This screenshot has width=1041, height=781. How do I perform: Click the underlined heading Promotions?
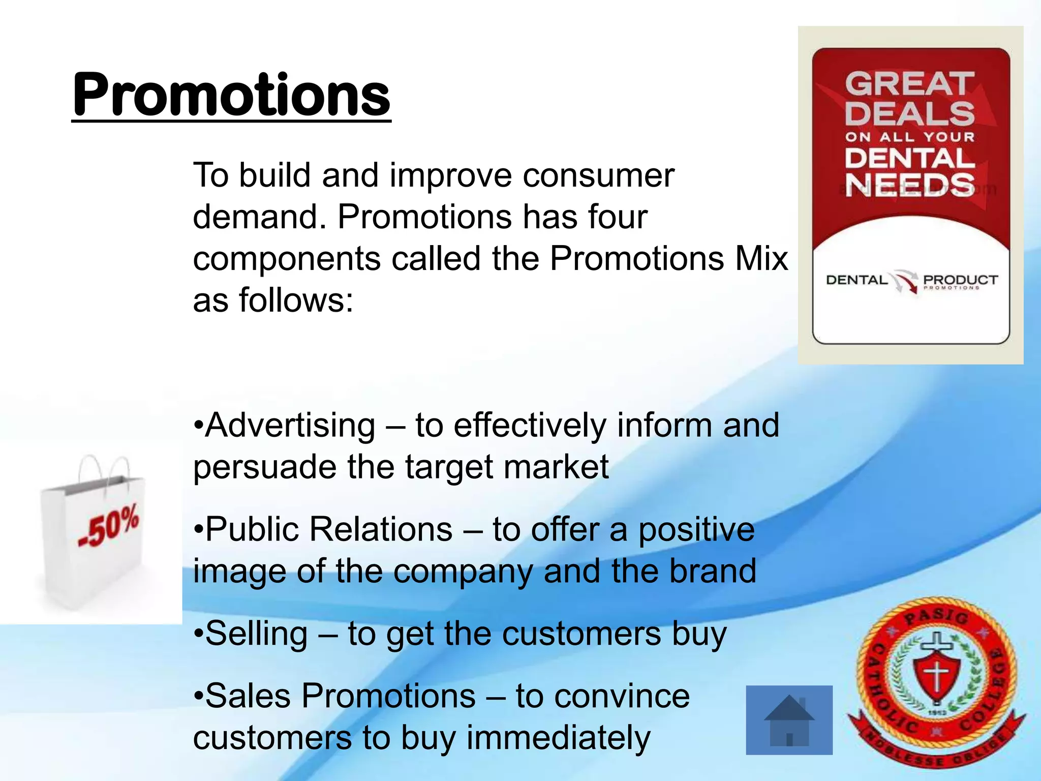[231, 96]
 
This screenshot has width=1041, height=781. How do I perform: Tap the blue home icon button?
[789, 720]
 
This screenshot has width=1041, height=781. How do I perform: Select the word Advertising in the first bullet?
[291, 425]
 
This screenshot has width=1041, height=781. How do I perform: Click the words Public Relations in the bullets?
[329, 529]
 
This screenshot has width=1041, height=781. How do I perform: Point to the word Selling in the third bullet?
[257, 634]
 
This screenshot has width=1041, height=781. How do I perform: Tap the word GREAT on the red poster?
[909, 84]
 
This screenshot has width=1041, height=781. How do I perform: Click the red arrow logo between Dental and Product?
[905, 281]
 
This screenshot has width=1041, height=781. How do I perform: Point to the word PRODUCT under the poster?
[960, 280]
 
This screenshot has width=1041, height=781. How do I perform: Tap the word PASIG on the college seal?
[936, 616]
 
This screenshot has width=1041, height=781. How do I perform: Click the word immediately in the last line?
[558, 738]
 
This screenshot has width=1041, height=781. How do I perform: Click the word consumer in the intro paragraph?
[598, 175]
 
